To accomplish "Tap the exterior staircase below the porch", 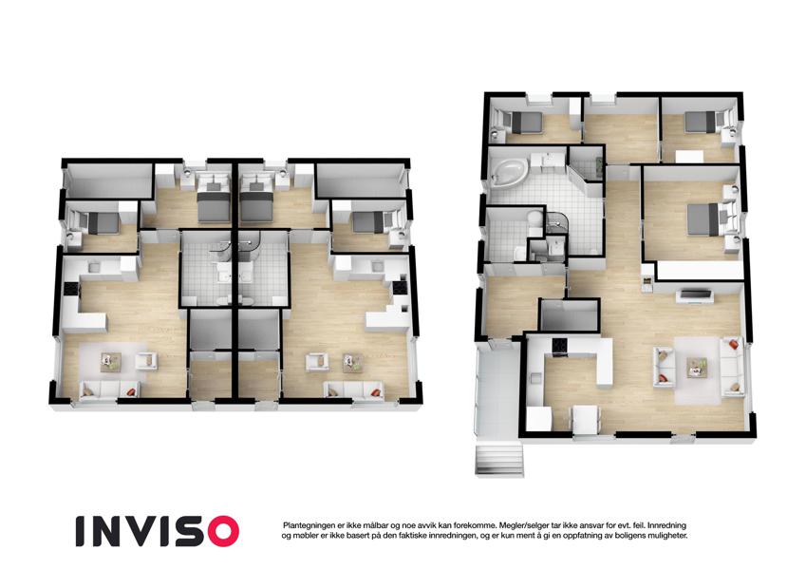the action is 499,461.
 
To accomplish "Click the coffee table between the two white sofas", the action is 697,367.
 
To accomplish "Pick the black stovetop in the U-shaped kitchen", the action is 559,346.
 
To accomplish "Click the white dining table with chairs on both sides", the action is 586,420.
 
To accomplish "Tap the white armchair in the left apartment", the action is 146,361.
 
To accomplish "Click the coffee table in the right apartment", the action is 352,362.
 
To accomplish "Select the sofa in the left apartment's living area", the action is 109,389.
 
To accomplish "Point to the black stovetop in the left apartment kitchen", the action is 70,290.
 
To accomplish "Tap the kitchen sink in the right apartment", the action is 377,266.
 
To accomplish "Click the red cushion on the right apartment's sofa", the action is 376,393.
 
